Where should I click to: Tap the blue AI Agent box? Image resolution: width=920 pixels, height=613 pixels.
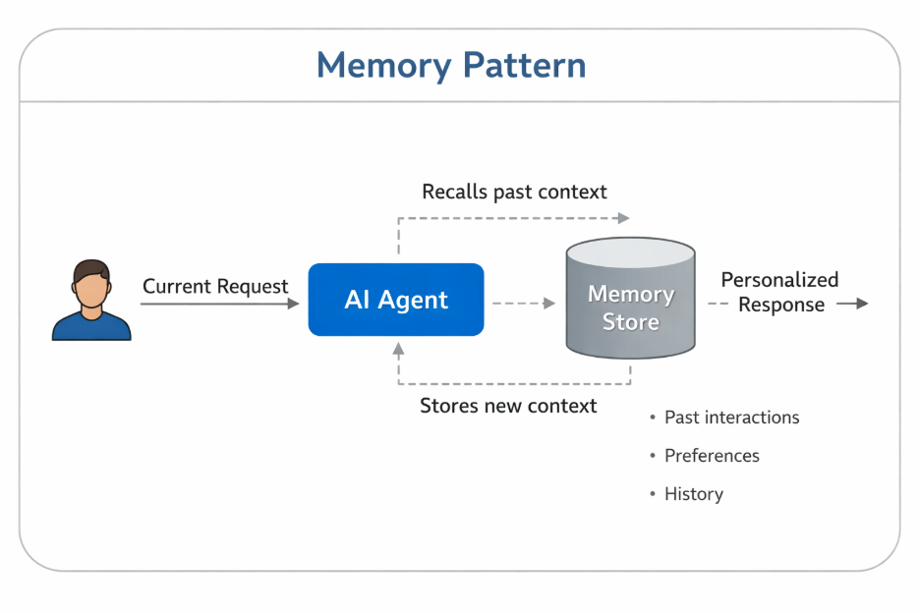pyautogui.click(x=396, y=300)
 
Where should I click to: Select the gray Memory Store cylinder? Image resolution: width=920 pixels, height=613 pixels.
pyautogui.click(x=630, y=300)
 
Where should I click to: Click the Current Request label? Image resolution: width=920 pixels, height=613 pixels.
pyautogui.click(x=215, y=287)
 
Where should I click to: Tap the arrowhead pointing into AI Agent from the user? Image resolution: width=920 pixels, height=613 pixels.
pyautogui.click(x=293, y=305)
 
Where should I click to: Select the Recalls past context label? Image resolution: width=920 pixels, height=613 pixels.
pyautogui.click(x=514, y=192)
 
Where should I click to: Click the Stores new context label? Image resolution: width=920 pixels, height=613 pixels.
pyautogui.click(x=508, y=406)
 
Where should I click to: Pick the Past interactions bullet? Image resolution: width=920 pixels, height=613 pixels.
pyautogui.click(x=731, y=418)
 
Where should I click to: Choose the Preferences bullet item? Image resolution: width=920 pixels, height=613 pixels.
pyautogui.click(x=712, y=456)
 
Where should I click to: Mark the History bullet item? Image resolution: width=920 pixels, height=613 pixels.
pyautogui.click(x=693, y=494)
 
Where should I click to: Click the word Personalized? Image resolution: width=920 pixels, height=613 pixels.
pyautogui.click(x=779, y=280)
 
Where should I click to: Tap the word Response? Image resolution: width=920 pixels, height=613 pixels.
pyautogui.click(x=781, y=305)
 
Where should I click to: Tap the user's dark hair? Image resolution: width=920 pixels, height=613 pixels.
pyautogui.click(x=91, y=268)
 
